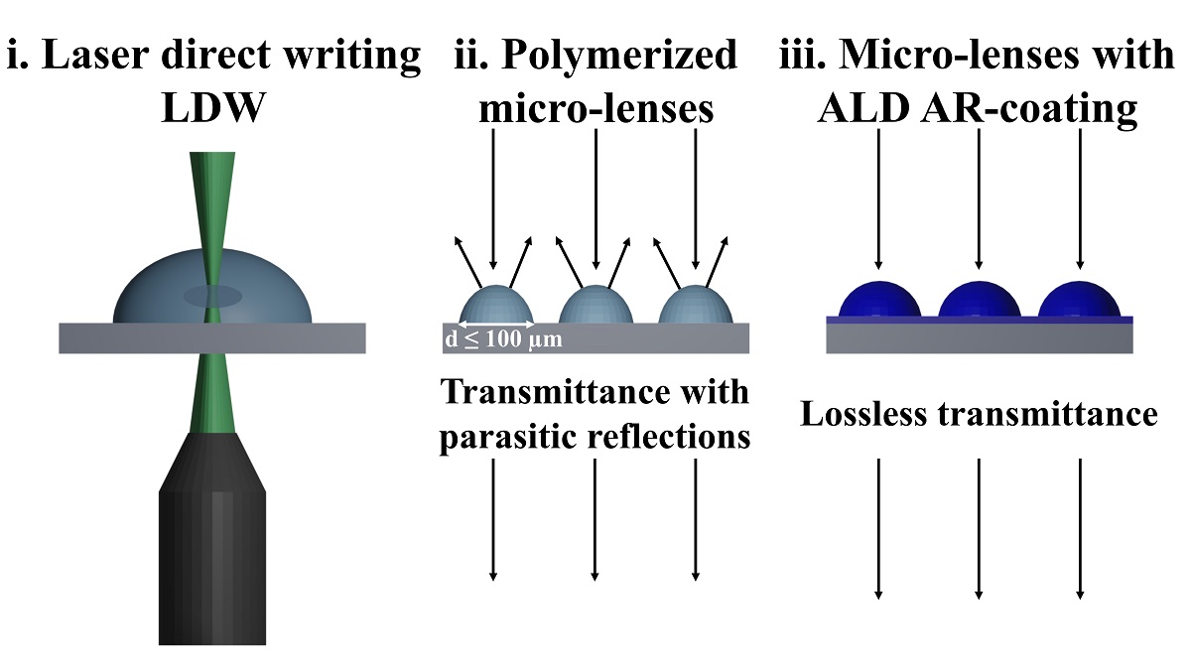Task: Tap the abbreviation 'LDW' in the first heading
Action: pyautogui.click(x=213, y=108)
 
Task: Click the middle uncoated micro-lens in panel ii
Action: pyautogui.click(x=595, y=306)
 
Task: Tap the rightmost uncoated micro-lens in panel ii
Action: pyautogui.click(x=696, y=306)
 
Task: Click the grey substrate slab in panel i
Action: pyautogui.click(x=99, y=338)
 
